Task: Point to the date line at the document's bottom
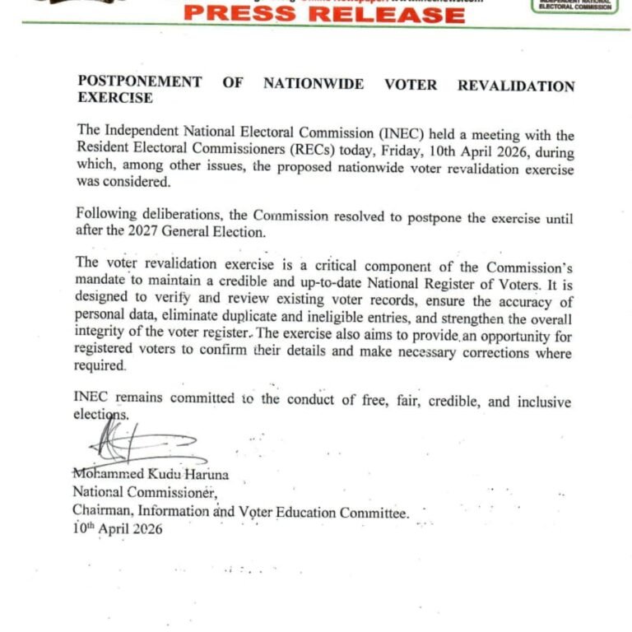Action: coord(118,530)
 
